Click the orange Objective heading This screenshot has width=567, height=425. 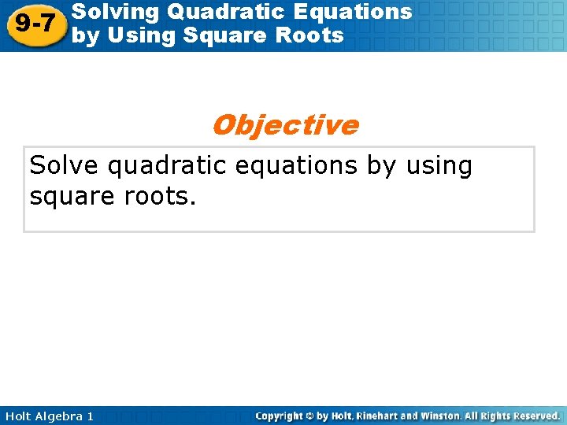coord(284,125)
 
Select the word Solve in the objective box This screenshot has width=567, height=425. coord(62,166)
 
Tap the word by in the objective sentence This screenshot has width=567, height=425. coord(382,167)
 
